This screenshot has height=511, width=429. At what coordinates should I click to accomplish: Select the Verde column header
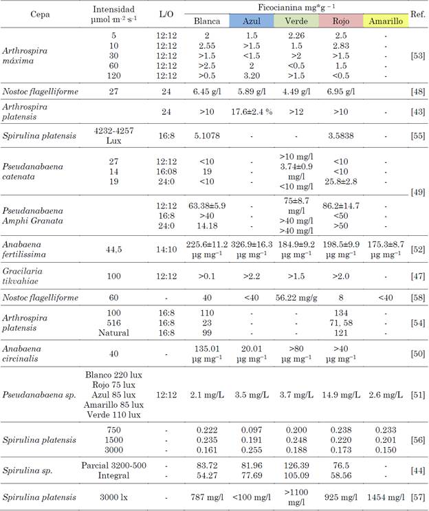296,21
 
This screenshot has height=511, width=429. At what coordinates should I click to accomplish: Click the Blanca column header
206,21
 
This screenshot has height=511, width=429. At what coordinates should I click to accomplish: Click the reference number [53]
416,52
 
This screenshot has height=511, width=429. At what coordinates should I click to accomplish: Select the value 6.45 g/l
206,91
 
